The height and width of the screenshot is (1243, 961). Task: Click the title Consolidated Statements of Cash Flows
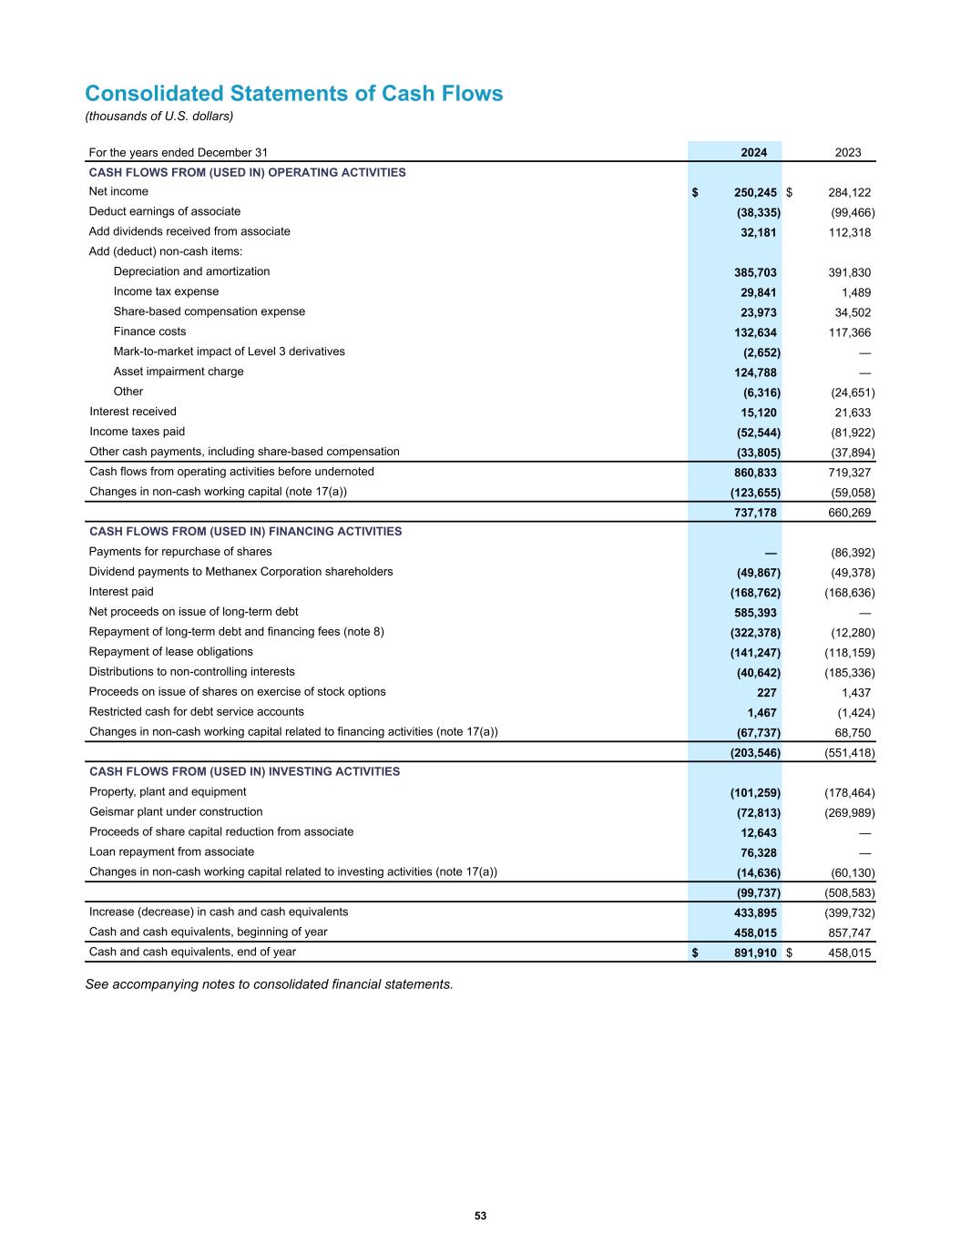(293, 94)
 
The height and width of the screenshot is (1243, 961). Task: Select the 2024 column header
(753, 153)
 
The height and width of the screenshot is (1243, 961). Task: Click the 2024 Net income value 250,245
(754, 193)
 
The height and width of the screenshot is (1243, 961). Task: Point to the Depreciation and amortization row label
(191, 271)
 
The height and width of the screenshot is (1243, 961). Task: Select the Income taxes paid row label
(137, 432)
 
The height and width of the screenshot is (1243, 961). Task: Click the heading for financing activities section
(245, 532)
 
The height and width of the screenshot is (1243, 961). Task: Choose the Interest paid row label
(121, 592)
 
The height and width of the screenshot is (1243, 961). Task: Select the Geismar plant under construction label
(176, 812)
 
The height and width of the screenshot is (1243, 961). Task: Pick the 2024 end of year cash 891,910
(754, 953)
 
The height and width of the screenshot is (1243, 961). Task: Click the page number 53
(480, 1217)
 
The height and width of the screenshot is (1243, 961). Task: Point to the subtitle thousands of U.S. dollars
(159, 116)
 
